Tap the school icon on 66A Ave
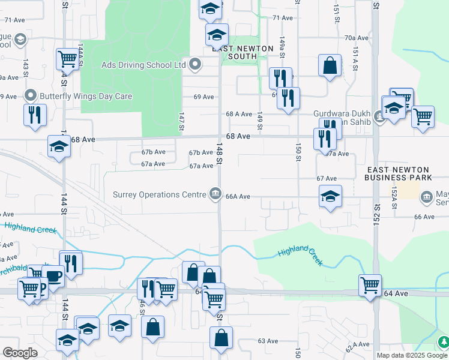330,196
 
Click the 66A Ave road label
237,197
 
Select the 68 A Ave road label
238,114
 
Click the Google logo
20,352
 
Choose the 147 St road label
180,121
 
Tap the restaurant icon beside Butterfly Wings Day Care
34,114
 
